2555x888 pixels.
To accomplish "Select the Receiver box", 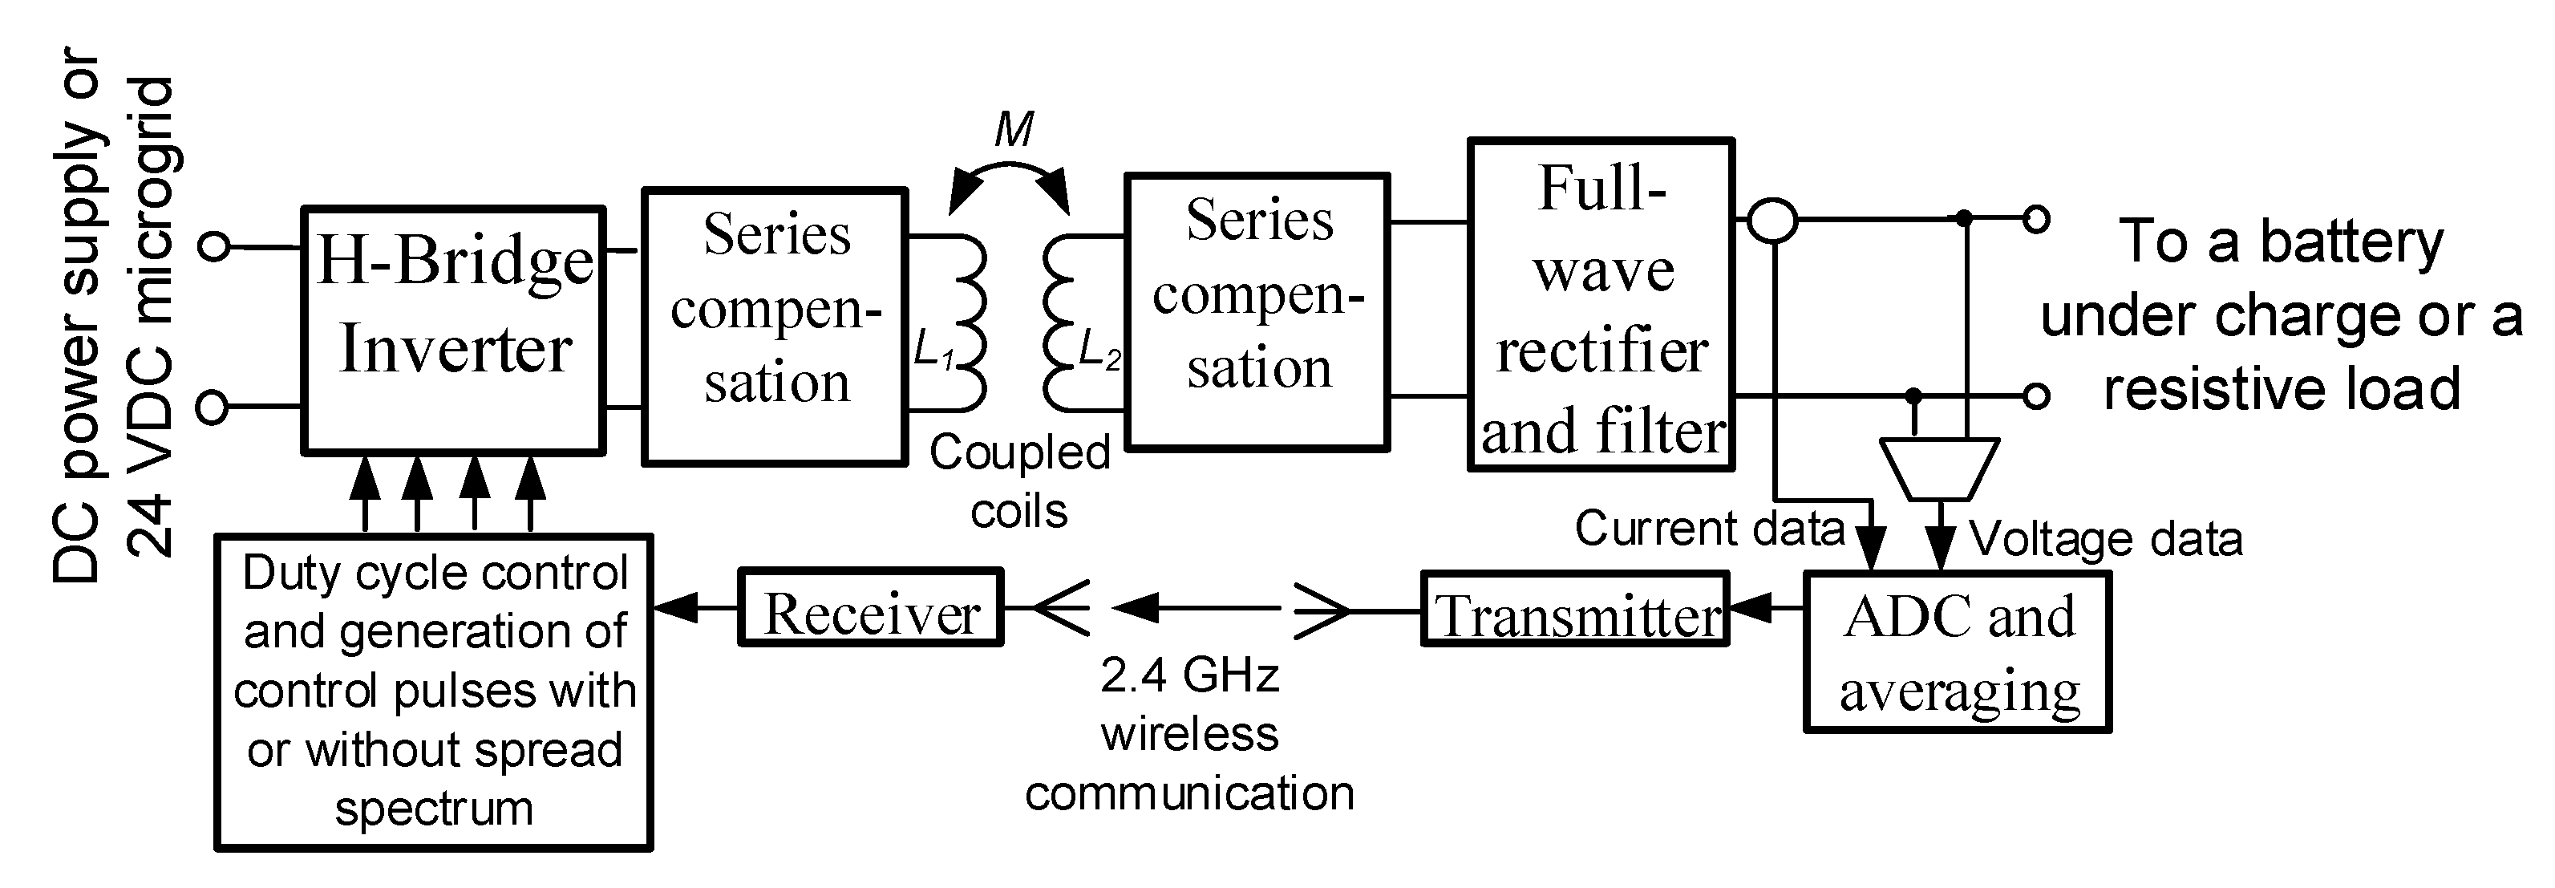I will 871,608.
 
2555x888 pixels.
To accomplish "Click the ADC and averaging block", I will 1957,653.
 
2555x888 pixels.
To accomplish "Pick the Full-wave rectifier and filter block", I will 1601,305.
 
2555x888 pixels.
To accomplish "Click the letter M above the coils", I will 1013,130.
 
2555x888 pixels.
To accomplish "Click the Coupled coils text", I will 1018,481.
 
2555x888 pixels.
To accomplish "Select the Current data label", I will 1708,529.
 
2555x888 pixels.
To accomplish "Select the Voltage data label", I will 2104,540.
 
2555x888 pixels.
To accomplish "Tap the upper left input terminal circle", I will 214,245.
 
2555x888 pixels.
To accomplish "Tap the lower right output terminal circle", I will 2035,396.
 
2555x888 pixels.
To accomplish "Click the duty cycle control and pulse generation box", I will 433,691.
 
